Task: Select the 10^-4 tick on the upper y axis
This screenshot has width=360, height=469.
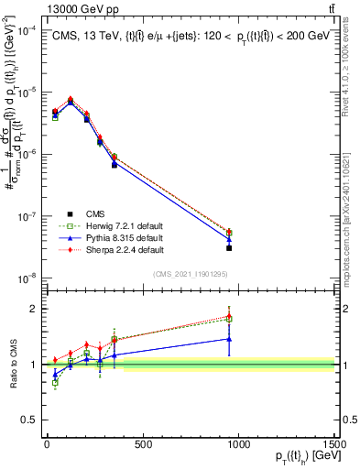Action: (x=25, y=29)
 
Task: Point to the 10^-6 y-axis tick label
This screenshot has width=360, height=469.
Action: (x=25, y=154)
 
